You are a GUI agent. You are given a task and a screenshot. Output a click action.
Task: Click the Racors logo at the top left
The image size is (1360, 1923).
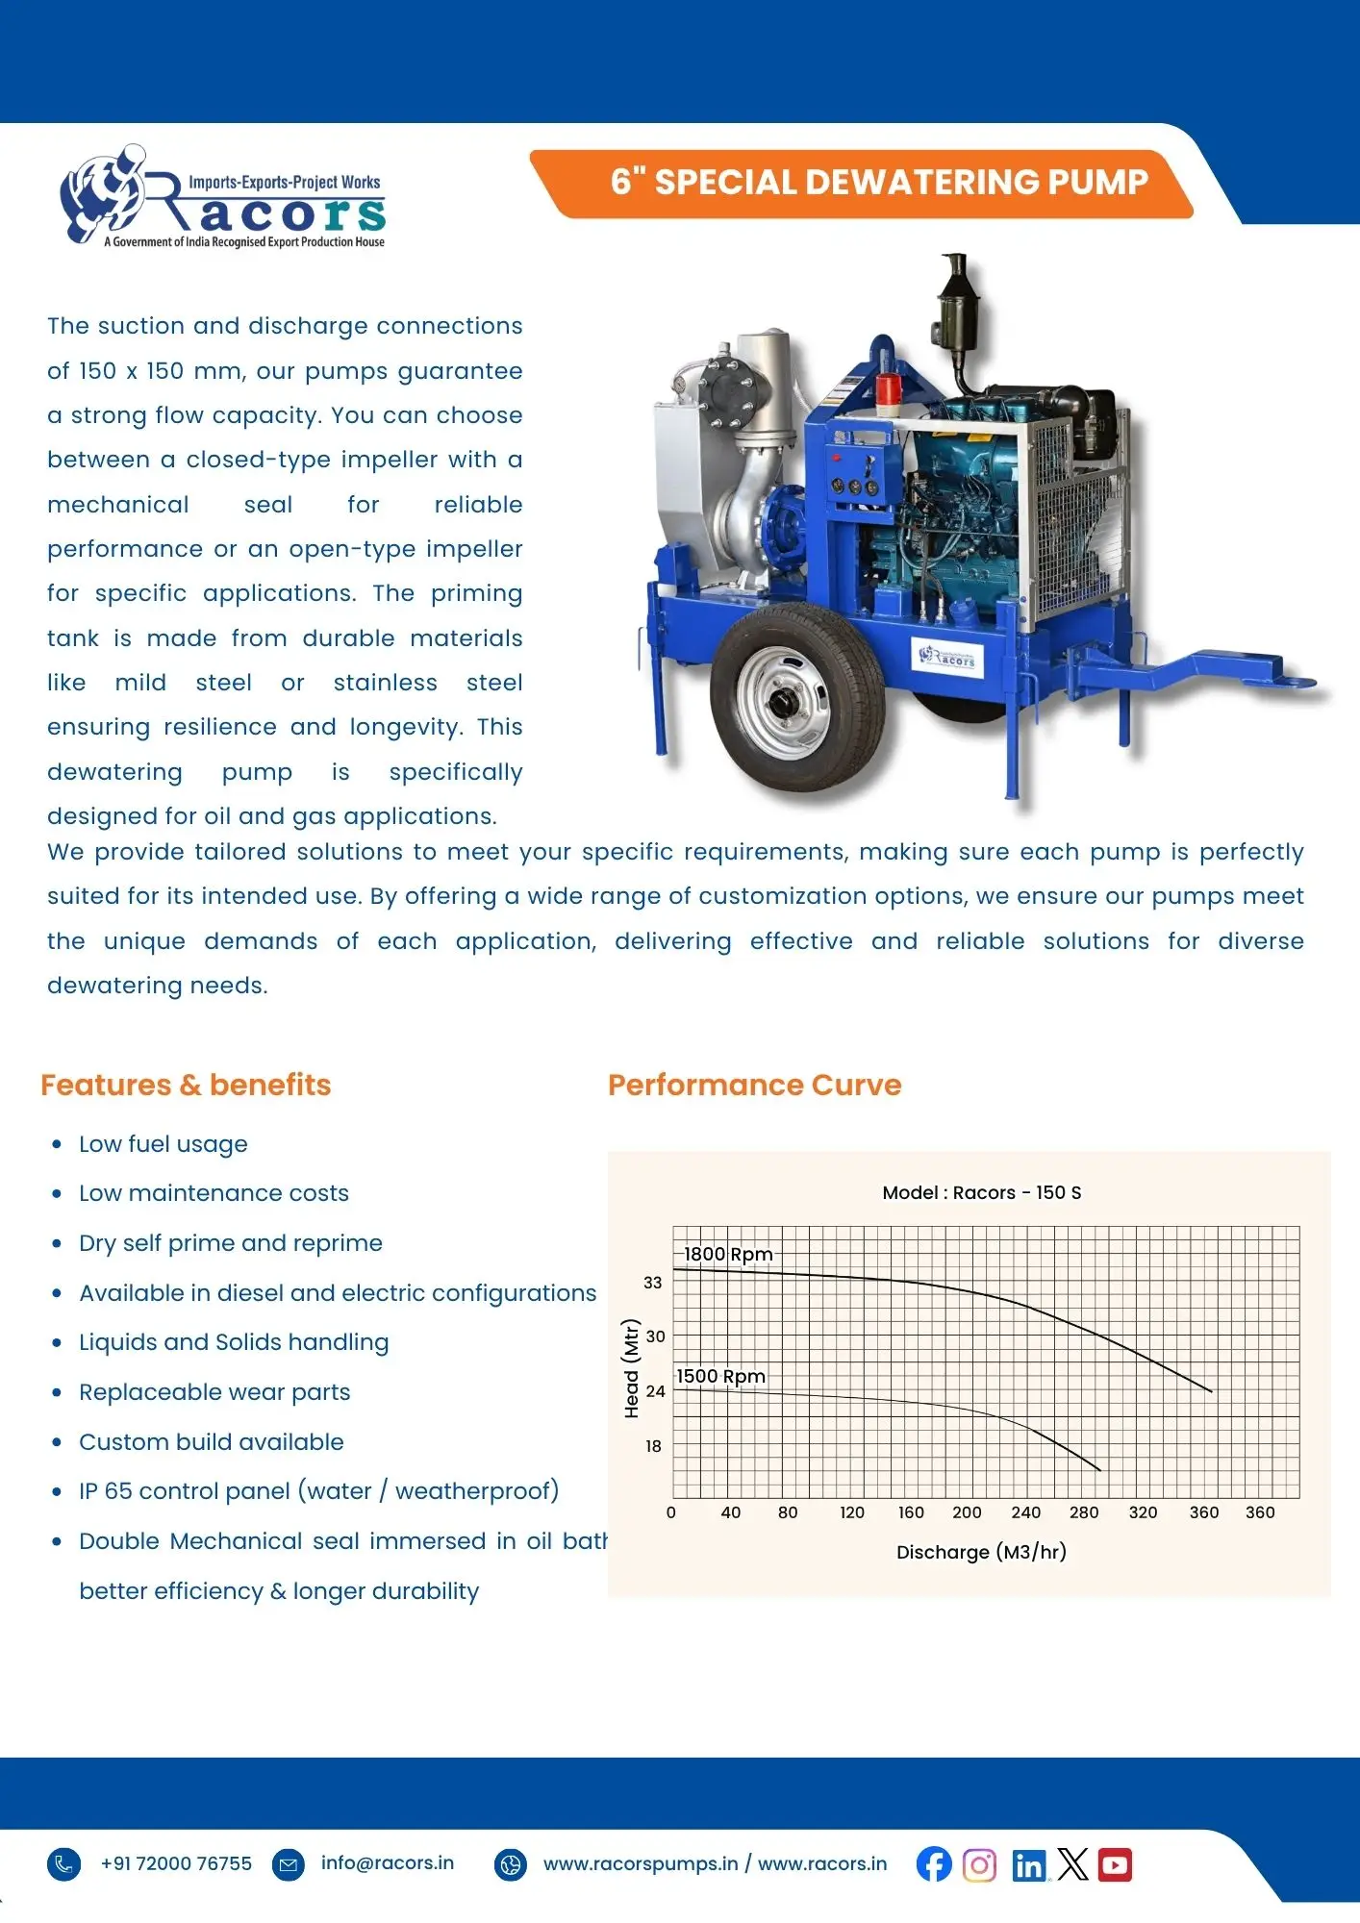pos(223,199)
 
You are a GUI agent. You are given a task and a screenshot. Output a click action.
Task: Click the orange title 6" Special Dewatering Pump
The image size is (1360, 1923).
pos(878,182)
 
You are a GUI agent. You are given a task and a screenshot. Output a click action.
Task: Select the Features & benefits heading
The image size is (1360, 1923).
pos(186,1085)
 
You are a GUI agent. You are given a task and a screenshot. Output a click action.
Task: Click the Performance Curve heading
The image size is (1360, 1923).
pos(754,1085)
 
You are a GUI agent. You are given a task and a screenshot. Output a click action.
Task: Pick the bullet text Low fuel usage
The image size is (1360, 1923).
pos(164,1144)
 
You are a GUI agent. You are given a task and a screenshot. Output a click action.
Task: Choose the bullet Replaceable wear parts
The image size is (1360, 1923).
pos(214,1392)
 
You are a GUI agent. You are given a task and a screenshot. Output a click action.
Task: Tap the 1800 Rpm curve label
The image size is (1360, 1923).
pos(728,1254)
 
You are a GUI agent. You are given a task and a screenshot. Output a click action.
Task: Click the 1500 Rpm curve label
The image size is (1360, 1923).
pos(720,1376)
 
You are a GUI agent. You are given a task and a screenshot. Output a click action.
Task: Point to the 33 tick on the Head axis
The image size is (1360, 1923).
pos(653,1282)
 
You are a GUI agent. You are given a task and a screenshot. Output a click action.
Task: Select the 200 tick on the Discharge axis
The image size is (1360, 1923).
pos(967,1512)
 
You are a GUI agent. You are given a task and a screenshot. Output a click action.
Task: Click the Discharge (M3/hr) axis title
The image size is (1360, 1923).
pos(981,1552)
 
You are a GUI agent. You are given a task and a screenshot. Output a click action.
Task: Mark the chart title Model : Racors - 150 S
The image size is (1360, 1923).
pos(981,1192)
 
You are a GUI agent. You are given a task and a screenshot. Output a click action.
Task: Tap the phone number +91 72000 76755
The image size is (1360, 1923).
pos(176,1863)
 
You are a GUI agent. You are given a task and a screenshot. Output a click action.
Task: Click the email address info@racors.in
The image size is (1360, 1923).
pos(387,1862)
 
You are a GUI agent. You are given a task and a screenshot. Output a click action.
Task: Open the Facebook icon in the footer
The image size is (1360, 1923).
pos(933,1864)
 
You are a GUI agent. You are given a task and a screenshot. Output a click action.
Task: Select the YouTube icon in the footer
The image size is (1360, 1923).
pos(1115,1864)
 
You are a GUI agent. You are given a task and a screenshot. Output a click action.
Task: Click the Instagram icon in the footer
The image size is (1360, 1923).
pos(979,1865)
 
